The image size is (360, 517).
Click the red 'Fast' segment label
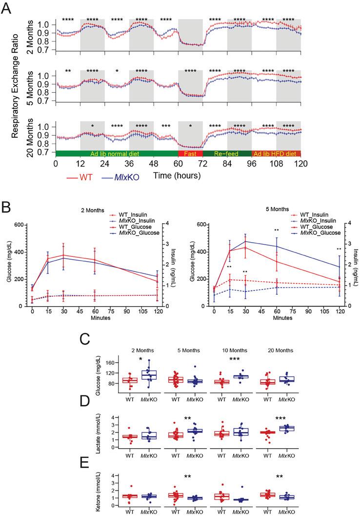(190, 153)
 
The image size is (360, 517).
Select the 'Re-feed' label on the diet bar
(227, 153)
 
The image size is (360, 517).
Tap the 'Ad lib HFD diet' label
(276, 153)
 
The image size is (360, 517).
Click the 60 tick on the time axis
(178, 163)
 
